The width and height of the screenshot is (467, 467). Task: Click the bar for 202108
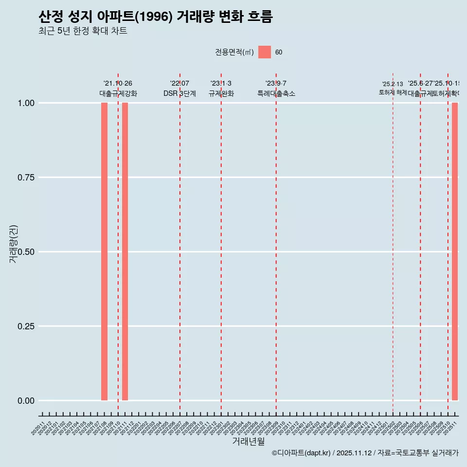click(104, 251)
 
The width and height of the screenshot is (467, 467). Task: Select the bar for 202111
click(125, 251)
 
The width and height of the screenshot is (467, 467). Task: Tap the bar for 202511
click(455, 251)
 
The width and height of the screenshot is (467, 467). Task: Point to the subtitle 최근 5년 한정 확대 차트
click(83, 31)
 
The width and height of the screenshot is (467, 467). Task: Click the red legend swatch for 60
click(265, 52)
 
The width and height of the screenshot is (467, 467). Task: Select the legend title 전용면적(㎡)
click(234, 52)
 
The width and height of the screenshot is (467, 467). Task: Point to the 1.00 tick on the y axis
click(25, 103)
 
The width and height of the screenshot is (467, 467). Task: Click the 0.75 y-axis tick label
click(25, 178)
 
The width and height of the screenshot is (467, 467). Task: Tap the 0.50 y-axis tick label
click(25, 252)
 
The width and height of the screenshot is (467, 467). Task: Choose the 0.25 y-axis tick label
click(25, 326)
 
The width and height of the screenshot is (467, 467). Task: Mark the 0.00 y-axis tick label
click(25, 401)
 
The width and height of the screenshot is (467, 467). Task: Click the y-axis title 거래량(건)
click(14, 244)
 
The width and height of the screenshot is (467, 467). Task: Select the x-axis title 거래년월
click(248, 442)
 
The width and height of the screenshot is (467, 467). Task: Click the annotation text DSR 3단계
click(180, 94)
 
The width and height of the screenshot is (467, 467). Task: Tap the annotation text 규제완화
click(221, 94)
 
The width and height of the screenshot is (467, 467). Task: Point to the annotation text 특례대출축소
click(276, 94)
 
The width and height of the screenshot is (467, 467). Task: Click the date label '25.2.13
click(393, 84)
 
